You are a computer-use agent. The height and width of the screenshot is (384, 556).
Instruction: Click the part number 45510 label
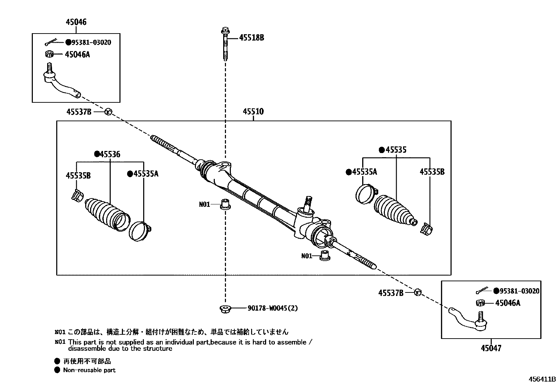coord(253,112)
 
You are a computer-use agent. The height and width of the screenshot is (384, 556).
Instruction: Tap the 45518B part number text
coord(251,38)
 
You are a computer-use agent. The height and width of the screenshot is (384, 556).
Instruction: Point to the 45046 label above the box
coord(76,22)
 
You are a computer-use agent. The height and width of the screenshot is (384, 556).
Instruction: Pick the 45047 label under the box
coord(491,348)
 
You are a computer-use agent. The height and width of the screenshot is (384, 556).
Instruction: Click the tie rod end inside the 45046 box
coord(61,83)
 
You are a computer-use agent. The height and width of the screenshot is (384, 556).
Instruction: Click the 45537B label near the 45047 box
coord(390,293)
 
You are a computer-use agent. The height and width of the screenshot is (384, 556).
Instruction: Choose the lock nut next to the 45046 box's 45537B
coord(108,112)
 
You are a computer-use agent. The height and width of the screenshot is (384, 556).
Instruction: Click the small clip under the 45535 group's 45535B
coord(427,229)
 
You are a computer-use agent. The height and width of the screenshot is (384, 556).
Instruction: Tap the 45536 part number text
coord(109,154)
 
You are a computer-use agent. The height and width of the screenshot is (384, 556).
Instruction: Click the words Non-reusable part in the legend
coord(89,370)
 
